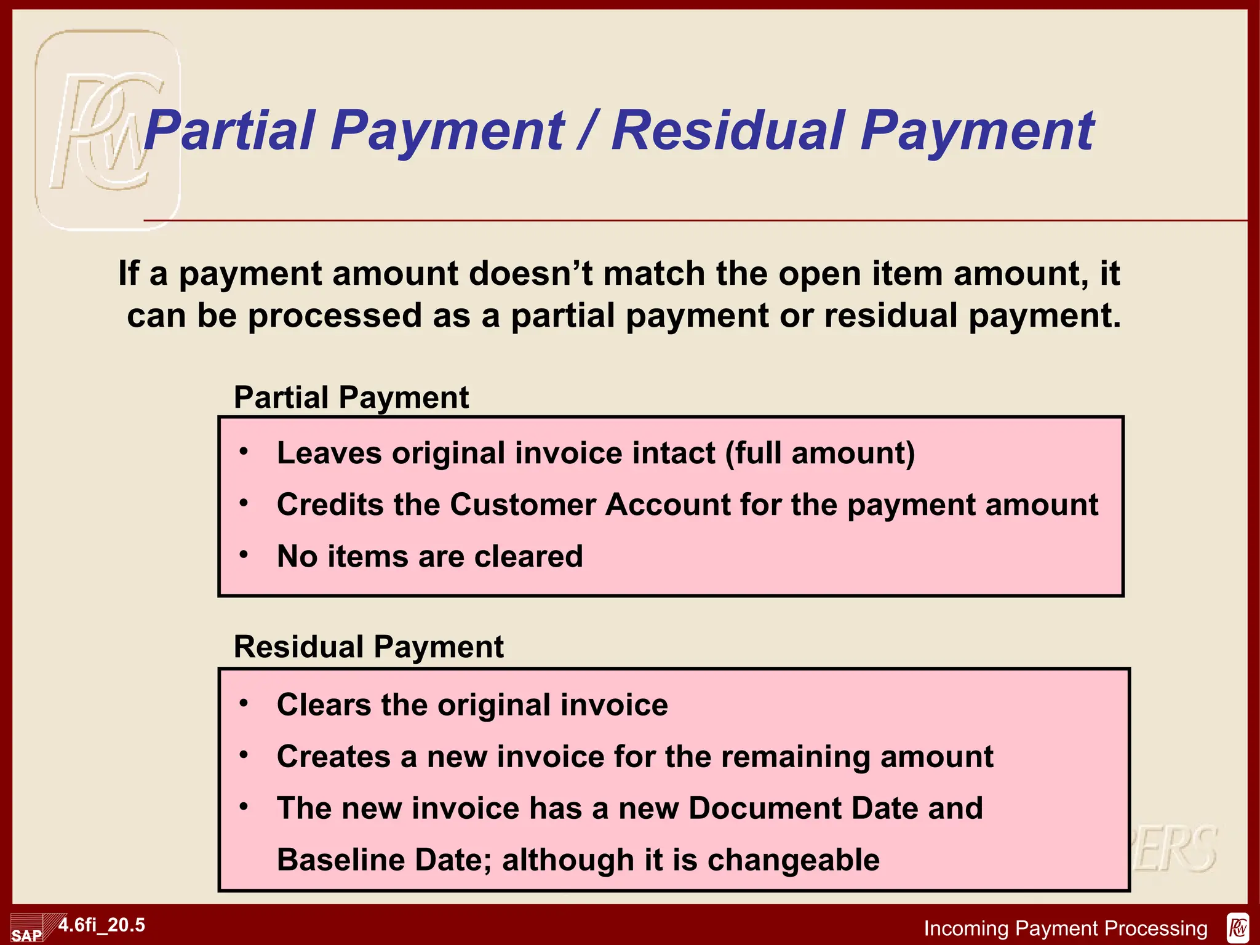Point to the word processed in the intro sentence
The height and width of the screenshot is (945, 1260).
pyautogui.click(x=335, y=316)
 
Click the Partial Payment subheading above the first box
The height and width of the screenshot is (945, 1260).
pyautogui.click(x=351, y=397)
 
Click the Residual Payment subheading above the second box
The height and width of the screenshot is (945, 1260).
pyautogui.click(x=369, y=647)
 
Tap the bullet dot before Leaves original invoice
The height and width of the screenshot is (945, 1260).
pyautogui.click(x=244, y=452)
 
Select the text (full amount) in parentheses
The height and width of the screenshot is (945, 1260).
pyautogui.click(x=819, y=453)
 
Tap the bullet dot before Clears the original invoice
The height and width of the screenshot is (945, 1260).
pyautogui.click(x=244, y=703)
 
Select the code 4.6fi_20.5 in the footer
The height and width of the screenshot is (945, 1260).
pyautogui.click(x=102, y=925)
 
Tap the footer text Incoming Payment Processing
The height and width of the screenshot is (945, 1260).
pyautogui.click(x=1066, y=928)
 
